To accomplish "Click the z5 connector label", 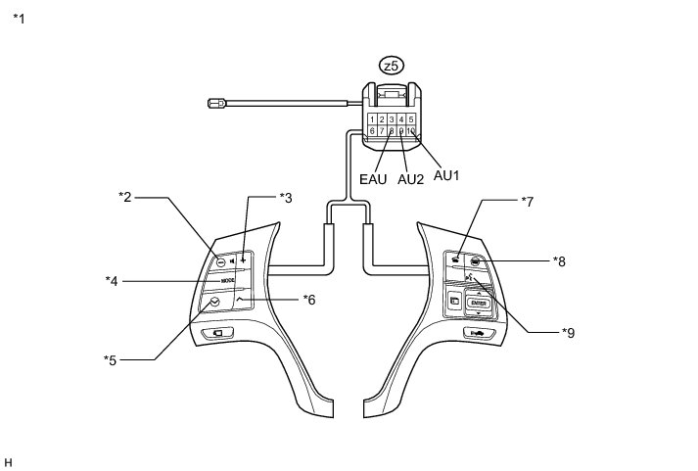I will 391,66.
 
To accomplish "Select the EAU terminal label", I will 373,179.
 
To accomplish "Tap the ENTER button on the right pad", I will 478,304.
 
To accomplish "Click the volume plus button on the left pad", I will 242,262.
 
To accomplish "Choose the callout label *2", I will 125,197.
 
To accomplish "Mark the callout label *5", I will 110,359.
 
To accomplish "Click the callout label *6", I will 308,299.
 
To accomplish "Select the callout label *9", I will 568,332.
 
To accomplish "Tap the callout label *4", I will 112,281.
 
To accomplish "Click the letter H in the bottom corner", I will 8,460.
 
